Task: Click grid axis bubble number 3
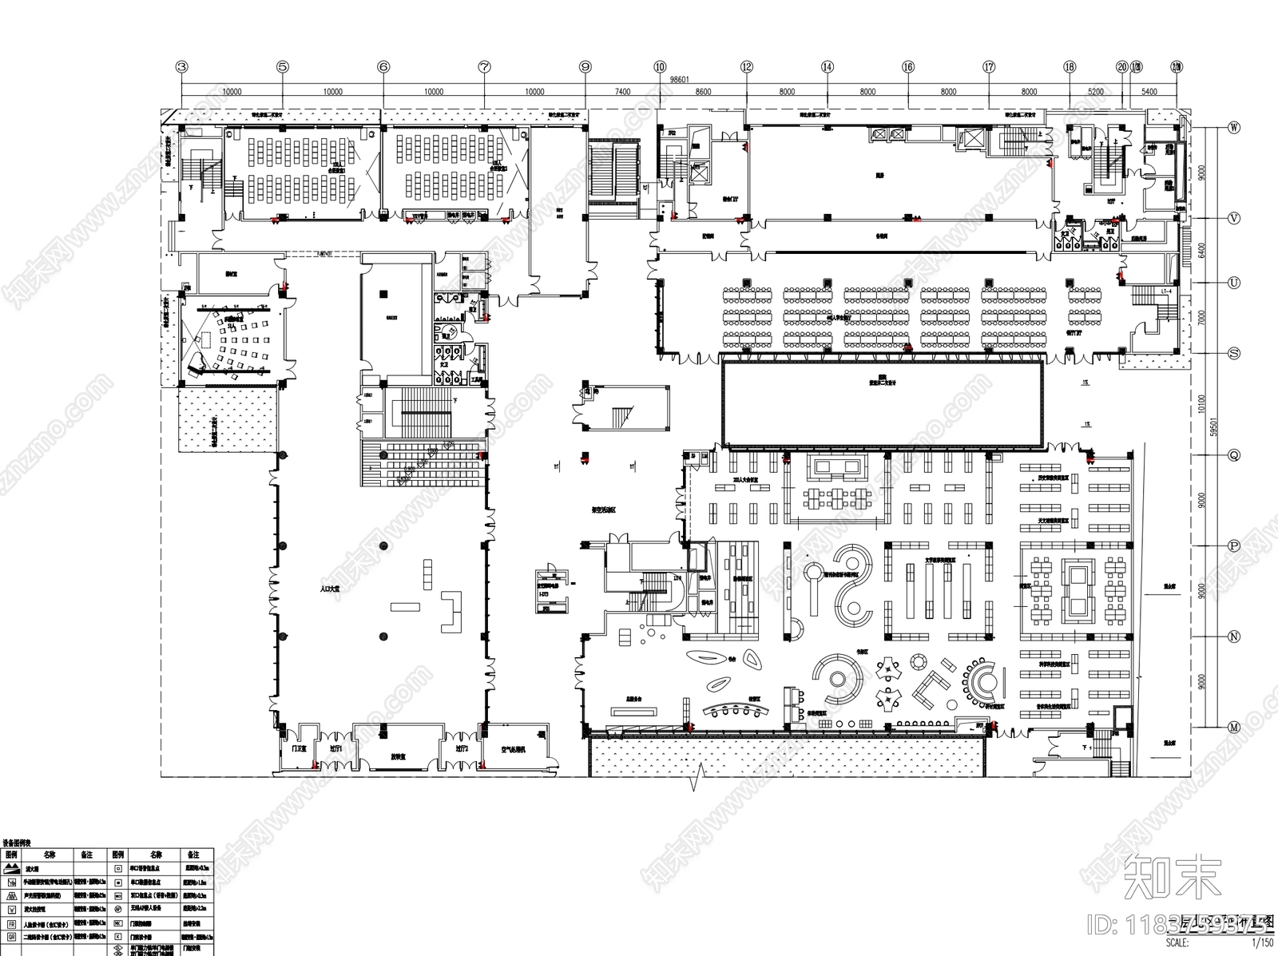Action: point(182,67)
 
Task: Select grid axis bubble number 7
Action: point(484,67)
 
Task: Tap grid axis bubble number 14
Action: point(827,67)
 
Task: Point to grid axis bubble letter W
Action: point(1233,128)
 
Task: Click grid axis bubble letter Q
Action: point(1233,455)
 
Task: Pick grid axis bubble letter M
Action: point(1233,727)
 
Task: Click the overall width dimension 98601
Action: point(679,80)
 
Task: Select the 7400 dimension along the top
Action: point(622,92)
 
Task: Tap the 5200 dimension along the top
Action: point(1095,92)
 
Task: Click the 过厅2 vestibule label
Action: point(461,749)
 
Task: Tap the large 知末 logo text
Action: point(1173,877)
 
